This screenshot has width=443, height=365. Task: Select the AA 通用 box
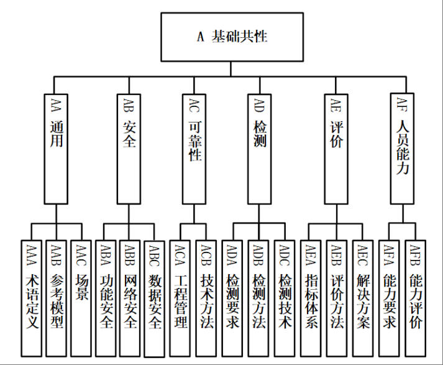[x=57, y=147]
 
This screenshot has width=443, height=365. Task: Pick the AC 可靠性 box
[x=194, y=147]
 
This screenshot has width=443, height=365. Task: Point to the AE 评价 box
[x=336, y=147]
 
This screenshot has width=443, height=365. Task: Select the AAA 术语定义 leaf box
[x=30, y=290]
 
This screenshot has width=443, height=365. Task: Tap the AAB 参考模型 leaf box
[x=57, y=290]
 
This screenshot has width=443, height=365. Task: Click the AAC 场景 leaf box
[x=82, y=290]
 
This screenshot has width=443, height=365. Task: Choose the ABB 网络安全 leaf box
[x=130, y=290]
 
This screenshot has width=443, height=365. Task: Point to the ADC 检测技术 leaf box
[x=285, y=290]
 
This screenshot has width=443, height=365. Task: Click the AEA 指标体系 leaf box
[x=313, y=290]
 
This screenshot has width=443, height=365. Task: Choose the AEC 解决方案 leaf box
[x=363, y=290]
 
